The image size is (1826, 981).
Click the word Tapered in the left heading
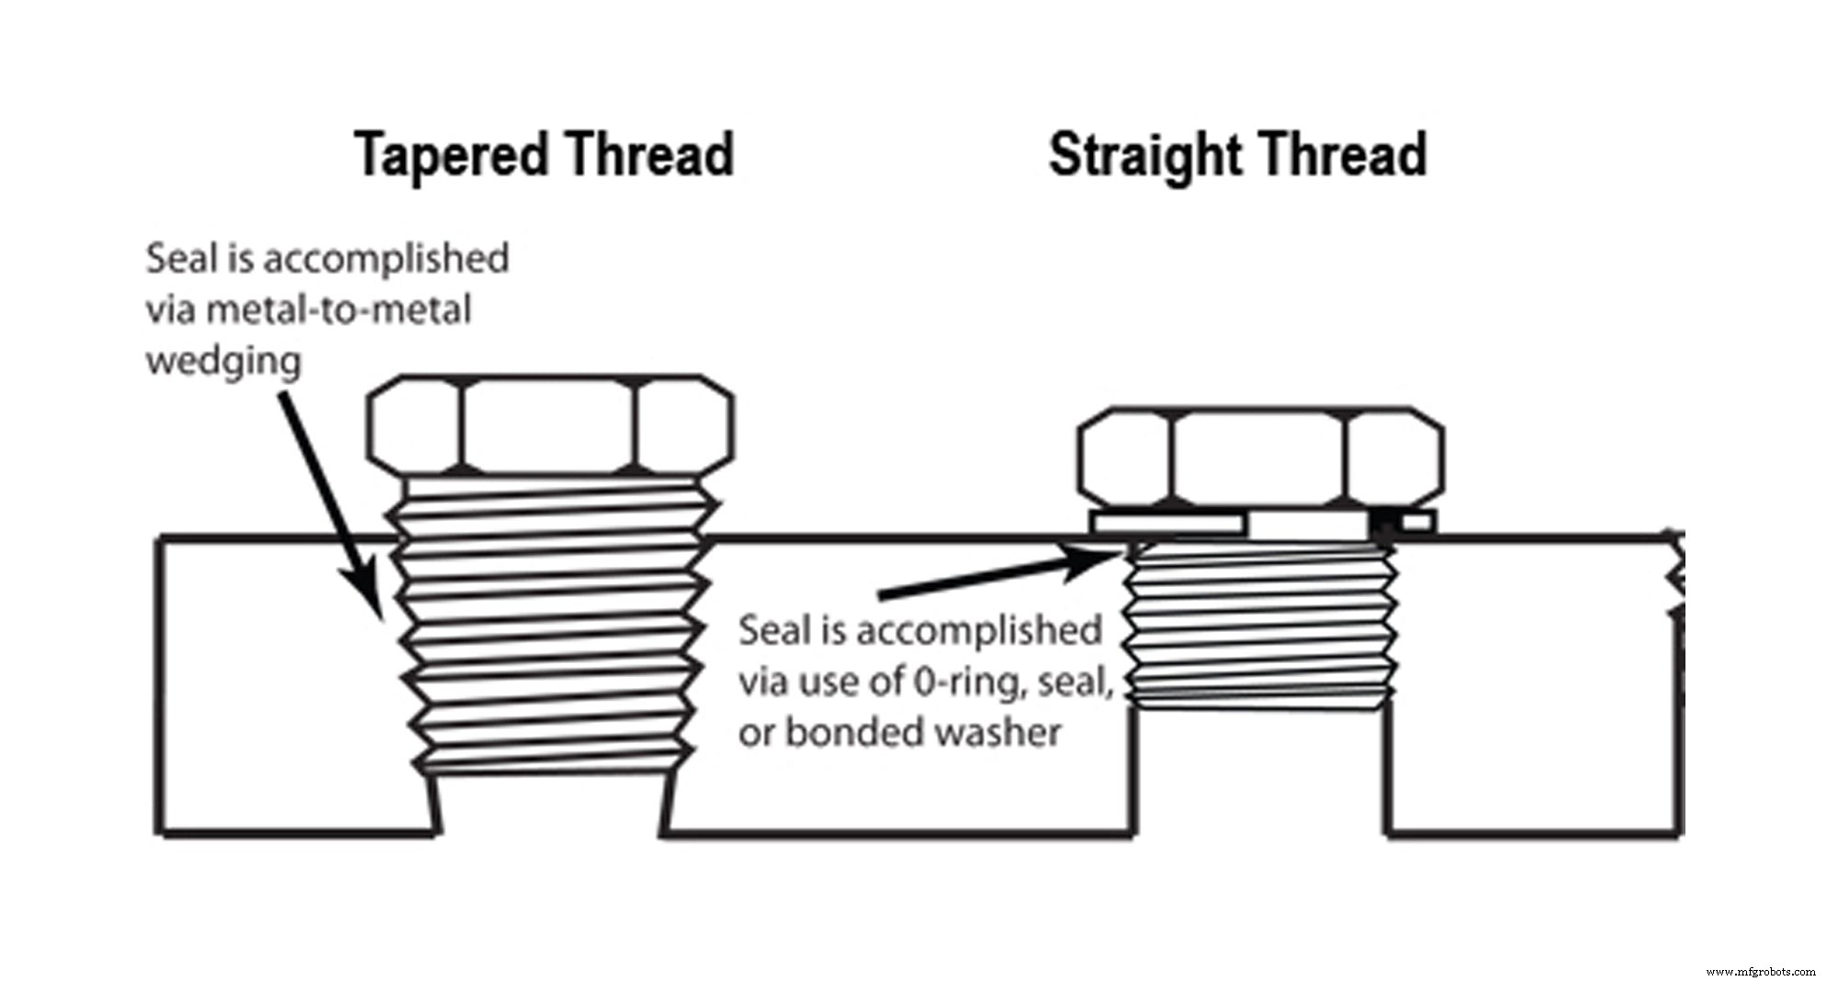pos(449,154)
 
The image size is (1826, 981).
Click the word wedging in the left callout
pos(223,362)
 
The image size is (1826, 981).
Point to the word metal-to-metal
pos(338,310)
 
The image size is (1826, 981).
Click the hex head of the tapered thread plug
pos(549,426)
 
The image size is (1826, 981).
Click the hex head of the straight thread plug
pos(1259,457)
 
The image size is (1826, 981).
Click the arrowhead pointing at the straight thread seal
pos(1098,560)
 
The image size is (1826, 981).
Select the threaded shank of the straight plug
pos(1259,625)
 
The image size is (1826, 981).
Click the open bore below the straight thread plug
pos(1259,772)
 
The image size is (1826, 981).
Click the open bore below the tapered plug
pos(549,804)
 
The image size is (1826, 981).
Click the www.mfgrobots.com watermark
pos(1760,972)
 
